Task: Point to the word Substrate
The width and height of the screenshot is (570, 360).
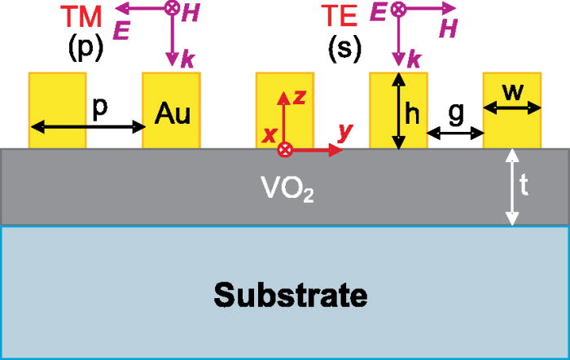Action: pyautogui.click(x=286, y=294)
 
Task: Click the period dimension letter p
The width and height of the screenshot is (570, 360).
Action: pyautogui.click(x=101, y=111)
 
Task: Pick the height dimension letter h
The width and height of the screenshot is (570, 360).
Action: pyautogui.click(x=413, y=115)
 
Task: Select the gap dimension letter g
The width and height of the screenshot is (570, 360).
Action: pyautogui.click(x=456, y=114)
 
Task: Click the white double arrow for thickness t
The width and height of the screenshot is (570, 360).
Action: pyautogui.click(x=511, y=187)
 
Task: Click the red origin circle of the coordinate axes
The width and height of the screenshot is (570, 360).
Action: pyautogui.click(x=284, y=149)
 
